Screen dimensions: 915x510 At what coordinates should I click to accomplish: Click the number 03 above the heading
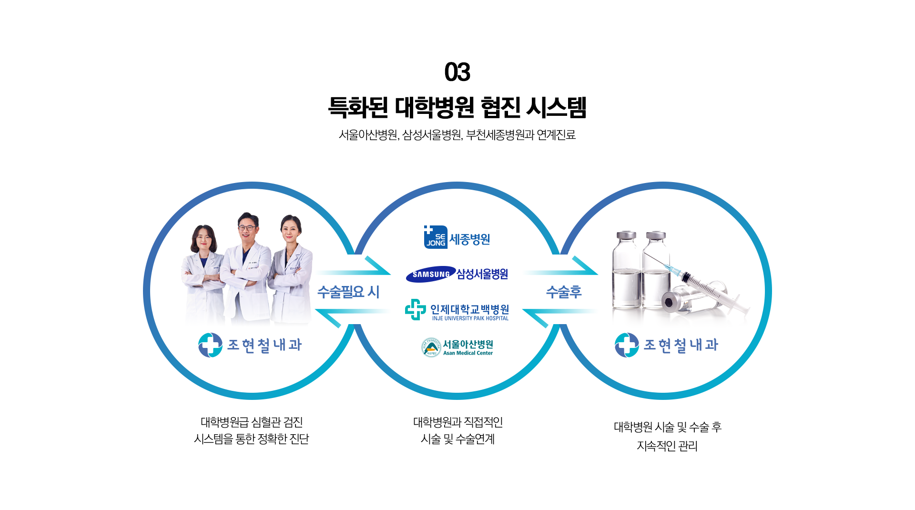click(x=457, y=72)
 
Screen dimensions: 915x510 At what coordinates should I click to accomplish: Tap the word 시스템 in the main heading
click(x=556, y=108)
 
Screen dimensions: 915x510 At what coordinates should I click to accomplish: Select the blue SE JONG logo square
click(x=436, y=237)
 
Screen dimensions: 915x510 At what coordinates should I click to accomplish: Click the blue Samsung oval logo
click(x=431, y=274)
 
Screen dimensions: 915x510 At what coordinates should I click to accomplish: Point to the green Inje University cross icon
click(x=415, y=310)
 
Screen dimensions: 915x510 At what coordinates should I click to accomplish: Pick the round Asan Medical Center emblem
click(x=431, y=347)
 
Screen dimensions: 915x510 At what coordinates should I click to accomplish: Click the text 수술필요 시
click(x=348, y=292)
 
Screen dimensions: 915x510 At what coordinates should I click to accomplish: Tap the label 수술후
click(x=564, y=292)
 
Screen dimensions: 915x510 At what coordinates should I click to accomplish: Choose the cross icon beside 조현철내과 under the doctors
click(x=210, y=345)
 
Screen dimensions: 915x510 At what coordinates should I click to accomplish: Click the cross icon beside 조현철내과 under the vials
click(x=627, y=345)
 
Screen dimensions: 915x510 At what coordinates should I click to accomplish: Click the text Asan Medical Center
click(x=468, y=353)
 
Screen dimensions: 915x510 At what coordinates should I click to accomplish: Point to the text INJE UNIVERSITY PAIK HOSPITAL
click(x=470, y=318)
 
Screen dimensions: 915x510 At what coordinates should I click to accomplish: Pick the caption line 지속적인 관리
click(x=667, y=446)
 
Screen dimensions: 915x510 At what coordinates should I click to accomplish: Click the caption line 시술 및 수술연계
click(x=457, y=439)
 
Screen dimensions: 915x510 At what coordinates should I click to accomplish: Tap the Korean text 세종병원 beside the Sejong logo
click(x=469, y=239)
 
